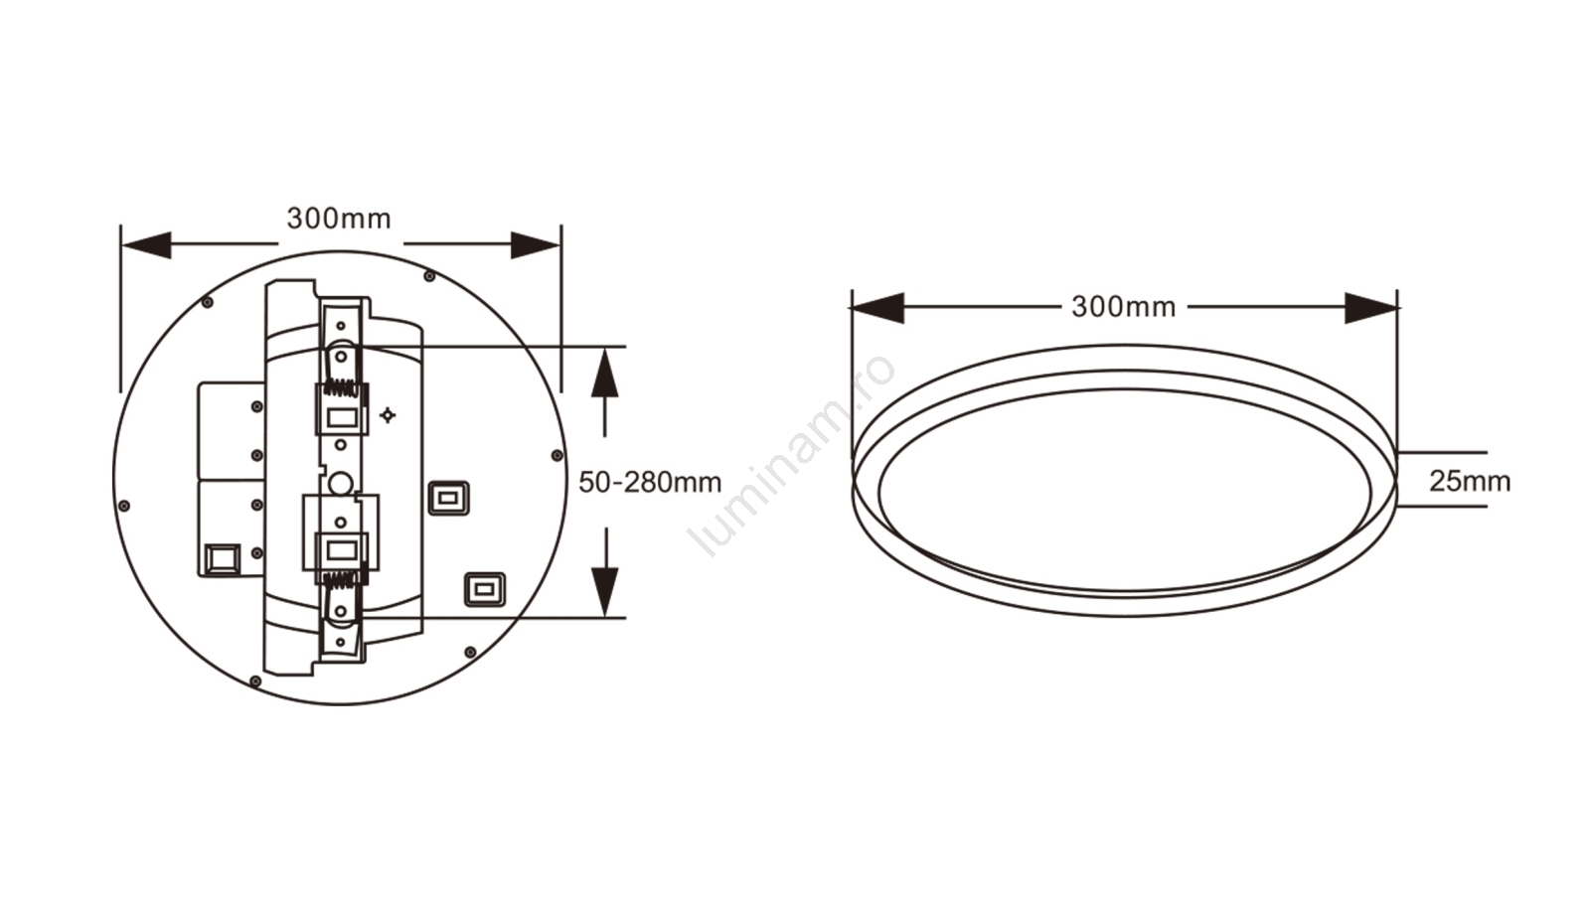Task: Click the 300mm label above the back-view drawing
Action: pos(339,219)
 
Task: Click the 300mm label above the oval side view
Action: pos(1124,306)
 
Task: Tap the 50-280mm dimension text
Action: pos(650,483)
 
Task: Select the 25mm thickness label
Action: pos(1470,481)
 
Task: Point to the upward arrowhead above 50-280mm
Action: pos(604,372)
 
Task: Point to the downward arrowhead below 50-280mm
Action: pos(604,591)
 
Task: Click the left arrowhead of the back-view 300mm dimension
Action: pos(146,244)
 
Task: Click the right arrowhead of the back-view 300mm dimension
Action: pos(536,244)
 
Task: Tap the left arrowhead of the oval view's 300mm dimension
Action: pos(877,308)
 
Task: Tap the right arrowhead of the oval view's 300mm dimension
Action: pos(1371,308)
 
